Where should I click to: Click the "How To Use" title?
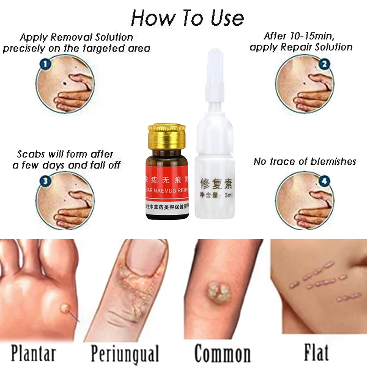(187, 18)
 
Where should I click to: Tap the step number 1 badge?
(44, 64)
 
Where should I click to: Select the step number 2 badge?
(324, 64)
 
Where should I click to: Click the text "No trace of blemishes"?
(305, 161)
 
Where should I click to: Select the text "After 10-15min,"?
(301, 36)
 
